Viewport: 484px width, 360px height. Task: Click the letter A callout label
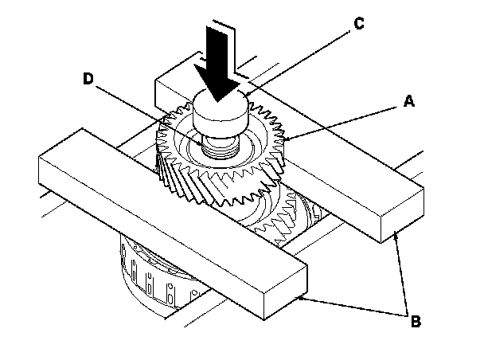pos(409,101)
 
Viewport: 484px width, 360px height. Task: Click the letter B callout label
pos(416,321)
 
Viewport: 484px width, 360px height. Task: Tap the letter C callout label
pos(359,23)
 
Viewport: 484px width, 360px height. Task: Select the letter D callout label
pos(88,78)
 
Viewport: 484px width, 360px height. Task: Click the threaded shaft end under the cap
pos(221,147)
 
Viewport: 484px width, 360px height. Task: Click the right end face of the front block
pos(286,292)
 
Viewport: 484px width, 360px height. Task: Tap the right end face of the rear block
pos(403,215)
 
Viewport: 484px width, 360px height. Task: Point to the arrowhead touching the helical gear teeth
pos(287,139)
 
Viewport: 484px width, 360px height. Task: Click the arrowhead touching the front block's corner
pos(301,298)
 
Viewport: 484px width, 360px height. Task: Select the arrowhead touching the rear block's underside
pos(396,237)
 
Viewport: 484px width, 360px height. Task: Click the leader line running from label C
pos(299,62)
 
